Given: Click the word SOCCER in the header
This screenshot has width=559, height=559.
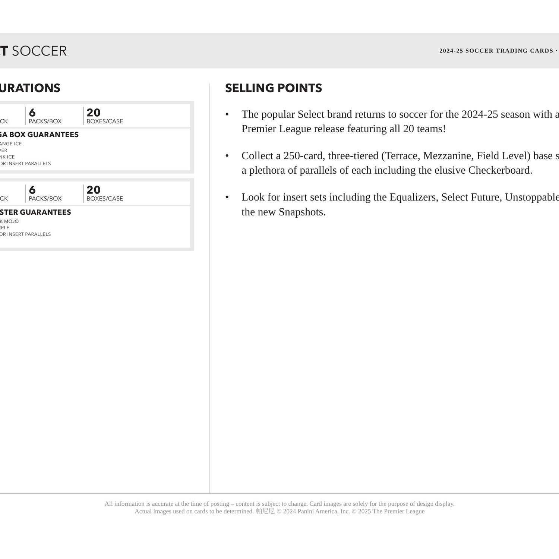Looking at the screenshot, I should (39, 51).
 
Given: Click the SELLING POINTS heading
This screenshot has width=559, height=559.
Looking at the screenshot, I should (273, 88).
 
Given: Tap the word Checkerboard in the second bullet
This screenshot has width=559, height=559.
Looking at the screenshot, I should (500, 170).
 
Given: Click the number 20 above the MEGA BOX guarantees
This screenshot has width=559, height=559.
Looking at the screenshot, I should (94, 113).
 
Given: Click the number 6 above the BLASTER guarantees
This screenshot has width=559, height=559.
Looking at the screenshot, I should (32, 190).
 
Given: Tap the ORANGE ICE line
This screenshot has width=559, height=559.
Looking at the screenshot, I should (11, 144).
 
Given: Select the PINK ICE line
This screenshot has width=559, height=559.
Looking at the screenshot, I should (7, 157).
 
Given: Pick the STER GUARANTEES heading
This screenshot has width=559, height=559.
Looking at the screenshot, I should (35, 212).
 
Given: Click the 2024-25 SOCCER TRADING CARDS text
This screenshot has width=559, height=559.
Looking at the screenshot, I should (496, 51).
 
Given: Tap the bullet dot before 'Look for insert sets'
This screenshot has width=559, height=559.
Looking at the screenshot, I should (227, 197).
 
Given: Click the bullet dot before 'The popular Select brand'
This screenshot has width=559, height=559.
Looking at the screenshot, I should (227, 114).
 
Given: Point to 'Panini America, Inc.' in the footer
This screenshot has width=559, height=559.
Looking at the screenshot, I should (323, 511).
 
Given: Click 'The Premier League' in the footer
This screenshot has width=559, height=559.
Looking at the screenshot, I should (398, 511).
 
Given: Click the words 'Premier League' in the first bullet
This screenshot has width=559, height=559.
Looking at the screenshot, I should (276, 129).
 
